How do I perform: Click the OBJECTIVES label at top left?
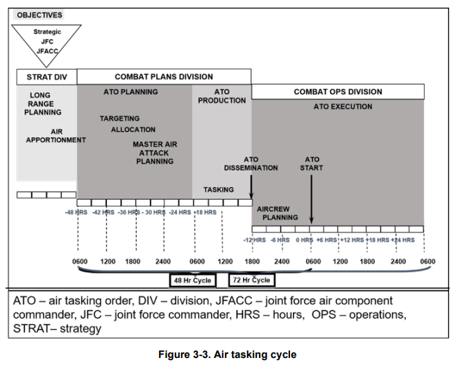[40, 15]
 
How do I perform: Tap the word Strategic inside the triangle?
[47, 32]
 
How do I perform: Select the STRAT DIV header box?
[47, 77]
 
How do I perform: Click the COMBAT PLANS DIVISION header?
[164, 77]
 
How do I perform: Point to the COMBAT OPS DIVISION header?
[338, 92]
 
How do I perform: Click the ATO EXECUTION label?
[343, 107]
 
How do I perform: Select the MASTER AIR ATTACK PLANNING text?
[155, 153]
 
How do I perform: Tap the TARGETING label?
[119, 119]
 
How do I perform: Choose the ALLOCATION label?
[133, 130]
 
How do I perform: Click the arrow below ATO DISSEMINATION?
[251, 187]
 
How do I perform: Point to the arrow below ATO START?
[311, 199]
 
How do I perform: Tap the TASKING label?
[219, 189]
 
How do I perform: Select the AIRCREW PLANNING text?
[277, 213]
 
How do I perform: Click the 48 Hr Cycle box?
[192, 280]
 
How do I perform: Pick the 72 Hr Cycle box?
[251, 280]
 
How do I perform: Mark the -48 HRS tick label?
[76, 212]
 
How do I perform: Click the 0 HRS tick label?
[305, 240]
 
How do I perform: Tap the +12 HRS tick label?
[352, 240]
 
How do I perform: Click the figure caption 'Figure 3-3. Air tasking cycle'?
[228, 355]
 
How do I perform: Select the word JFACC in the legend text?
[234, 300]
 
